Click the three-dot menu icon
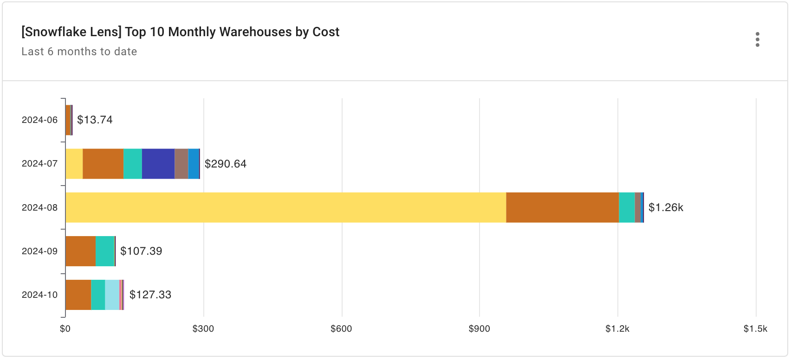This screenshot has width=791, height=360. point(757,39)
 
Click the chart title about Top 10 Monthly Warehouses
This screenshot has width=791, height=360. point(180,32)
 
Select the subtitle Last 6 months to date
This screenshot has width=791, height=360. point(79,51)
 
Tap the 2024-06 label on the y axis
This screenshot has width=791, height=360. point(39,120)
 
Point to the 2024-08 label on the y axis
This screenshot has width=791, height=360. point(39,207)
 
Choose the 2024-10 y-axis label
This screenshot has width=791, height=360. point(39,295)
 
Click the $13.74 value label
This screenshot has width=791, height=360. point(95,120)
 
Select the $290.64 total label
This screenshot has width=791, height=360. point(225,164)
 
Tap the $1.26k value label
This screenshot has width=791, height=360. point(665,207)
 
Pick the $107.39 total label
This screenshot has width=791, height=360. point(141,251)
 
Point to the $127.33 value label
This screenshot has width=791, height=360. point(150,295)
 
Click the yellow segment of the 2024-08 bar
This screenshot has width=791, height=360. point(285,207)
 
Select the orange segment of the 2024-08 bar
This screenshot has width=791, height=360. point(562,207)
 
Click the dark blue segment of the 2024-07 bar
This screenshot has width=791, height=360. point(158,164)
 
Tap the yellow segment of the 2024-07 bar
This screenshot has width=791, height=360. point(74,164)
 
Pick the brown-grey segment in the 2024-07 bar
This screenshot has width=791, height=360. point(181,164)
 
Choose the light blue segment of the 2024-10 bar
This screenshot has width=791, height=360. point(112,295)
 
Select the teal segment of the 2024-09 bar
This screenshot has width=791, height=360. point(105,251)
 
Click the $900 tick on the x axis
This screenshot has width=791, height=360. point(479,329)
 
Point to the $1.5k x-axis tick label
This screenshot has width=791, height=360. point(755,329)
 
